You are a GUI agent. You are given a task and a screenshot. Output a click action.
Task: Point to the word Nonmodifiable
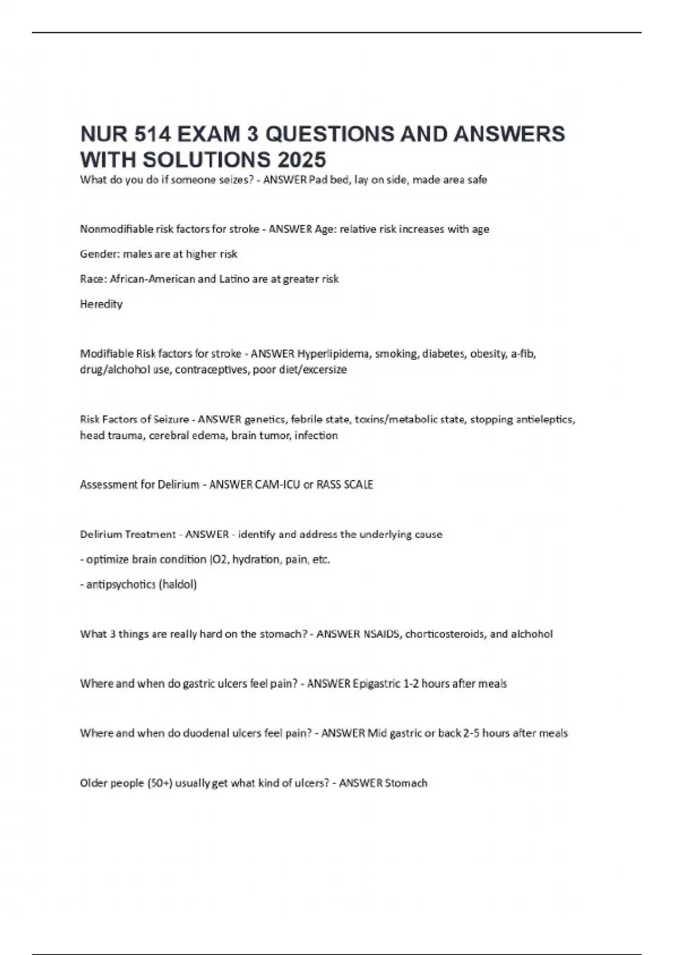pos(116,229)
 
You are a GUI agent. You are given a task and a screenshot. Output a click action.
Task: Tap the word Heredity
pos(101,304)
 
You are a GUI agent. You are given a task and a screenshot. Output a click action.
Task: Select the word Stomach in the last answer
pos(406,783)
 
